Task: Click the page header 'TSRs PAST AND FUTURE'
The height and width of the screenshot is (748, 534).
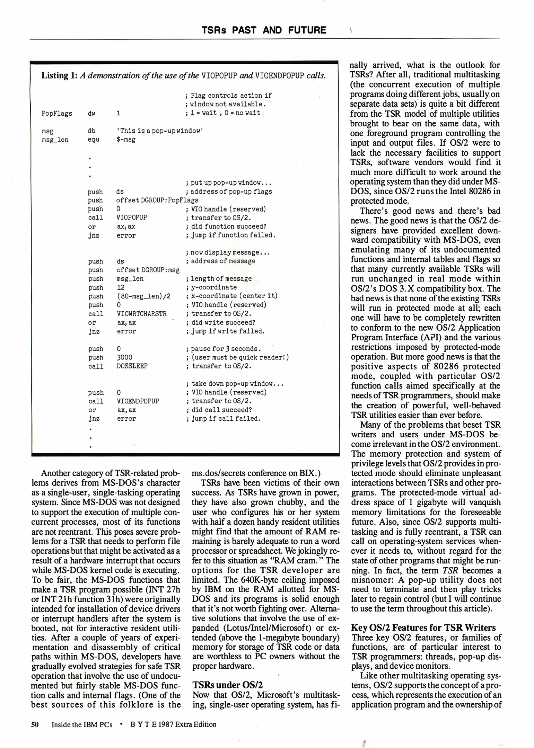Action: click(x=264, y=30)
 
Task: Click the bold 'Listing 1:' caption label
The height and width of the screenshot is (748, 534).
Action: click(x=59, y=75)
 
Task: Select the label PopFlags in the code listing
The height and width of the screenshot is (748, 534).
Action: click(x=57, y=114)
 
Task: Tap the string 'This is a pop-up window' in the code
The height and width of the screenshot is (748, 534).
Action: click(x=159, y=131)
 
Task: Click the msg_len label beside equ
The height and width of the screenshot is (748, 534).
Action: click(x=55, y=140)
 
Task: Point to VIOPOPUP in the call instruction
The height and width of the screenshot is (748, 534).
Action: click(x=132, y=217)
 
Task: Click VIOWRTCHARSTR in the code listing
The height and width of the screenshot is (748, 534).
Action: click(x=142, y=314)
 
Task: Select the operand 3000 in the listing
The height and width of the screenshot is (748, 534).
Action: click(x=124, y=357)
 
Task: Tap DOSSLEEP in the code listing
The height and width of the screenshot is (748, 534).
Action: click(x=132, y=366)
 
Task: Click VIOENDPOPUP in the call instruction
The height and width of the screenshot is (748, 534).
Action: click(x=138, y=401)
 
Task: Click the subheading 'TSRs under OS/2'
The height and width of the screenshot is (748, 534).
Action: click(x=227, y=685)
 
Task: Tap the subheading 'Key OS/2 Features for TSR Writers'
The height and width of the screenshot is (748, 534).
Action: click(x=423, y=627)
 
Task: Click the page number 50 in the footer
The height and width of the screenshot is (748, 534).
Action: click(x=35, y=724)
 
